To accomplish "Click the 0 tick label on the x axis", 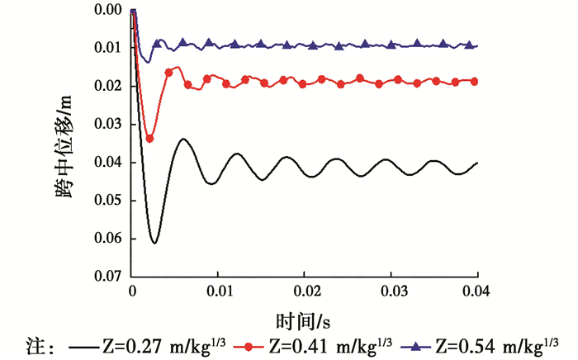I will click(132, 292).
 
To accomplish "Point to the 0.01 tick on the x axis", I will click(218, 292).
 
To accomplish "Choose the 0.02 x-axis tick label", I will click(305, 292).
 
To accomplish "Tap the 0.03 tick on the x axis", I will click(391, 292).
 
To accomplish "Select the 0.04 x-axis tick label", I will click(478, 292).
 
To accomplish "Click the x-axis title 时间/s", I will click(306, 318).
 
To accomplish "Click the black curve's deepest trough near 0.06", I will click(154, 243).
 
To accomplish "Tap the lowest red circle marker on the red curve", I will click(149, 138).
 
